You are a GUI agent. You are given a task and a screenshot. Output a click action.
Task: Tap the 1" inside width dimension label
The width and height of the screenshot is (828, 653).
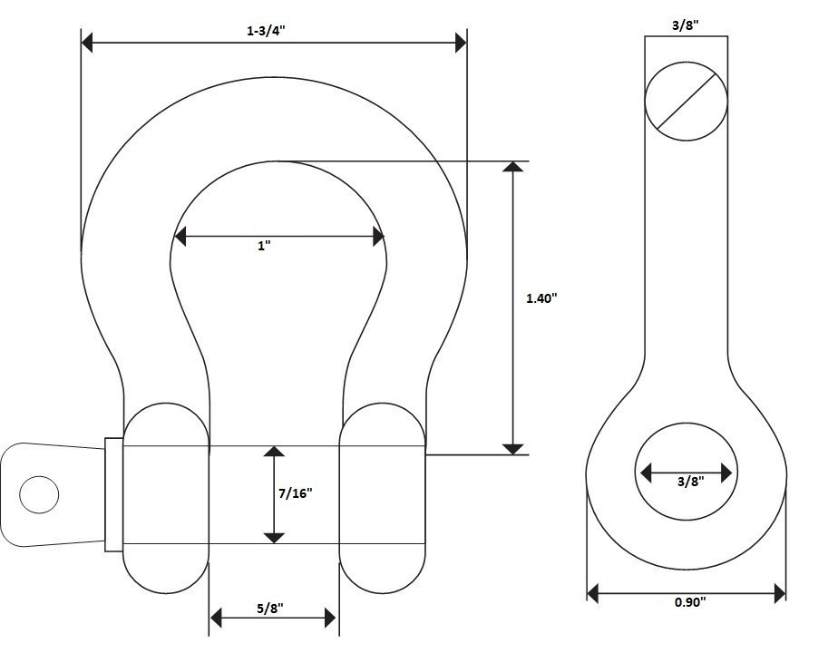pos(264,246)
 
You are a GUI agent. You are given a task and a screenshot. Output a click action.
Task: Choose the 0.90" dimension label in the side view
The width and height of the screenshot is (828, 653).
pos(687,601)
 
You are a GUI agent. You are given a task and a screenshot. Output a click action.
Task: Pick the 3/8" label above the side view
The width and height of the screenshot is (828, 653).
pos(686,26)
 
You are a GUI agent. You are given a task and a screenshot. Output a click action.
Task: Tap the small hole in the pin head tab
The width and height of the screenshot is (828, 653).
pos(38,494)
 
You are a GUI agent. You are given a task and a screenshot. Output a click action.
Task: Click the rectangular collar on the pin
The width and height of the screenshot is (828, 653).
pos(113,494)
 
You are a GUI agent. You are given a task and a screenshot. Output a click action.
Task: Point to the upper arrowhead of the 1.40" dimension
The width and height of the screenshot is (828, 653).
pos(513,168)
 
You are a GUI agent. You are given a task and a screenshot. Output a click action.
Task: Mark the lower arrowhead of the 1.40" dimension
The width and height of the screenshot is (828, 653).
pos(513,447)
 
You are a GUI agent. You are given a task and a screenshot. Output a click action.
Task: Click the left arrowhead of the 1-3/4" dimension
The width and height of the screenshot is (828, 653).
pos(87,42)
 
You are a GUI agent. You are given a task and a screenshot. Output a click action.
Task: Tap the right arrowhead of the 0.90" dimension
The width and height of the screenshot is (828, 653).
pos(779,594)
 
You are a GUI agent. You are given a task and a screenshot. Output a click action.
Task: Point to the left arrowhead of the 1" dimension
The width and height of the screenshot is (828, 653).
pos(180,238)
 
